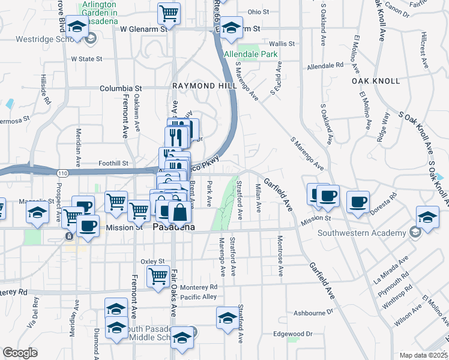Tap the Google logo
pyautogui.click(x=20, y=353)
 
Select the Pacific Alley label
pyautogui.click(x=198, y=297)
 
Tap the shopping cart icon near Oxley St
pyautogui.click(x=158, y=277)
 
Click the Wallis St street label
pyautogui.click(x=282, y=44)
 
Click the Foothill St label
pyautogui.click(x=113, y=163)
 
